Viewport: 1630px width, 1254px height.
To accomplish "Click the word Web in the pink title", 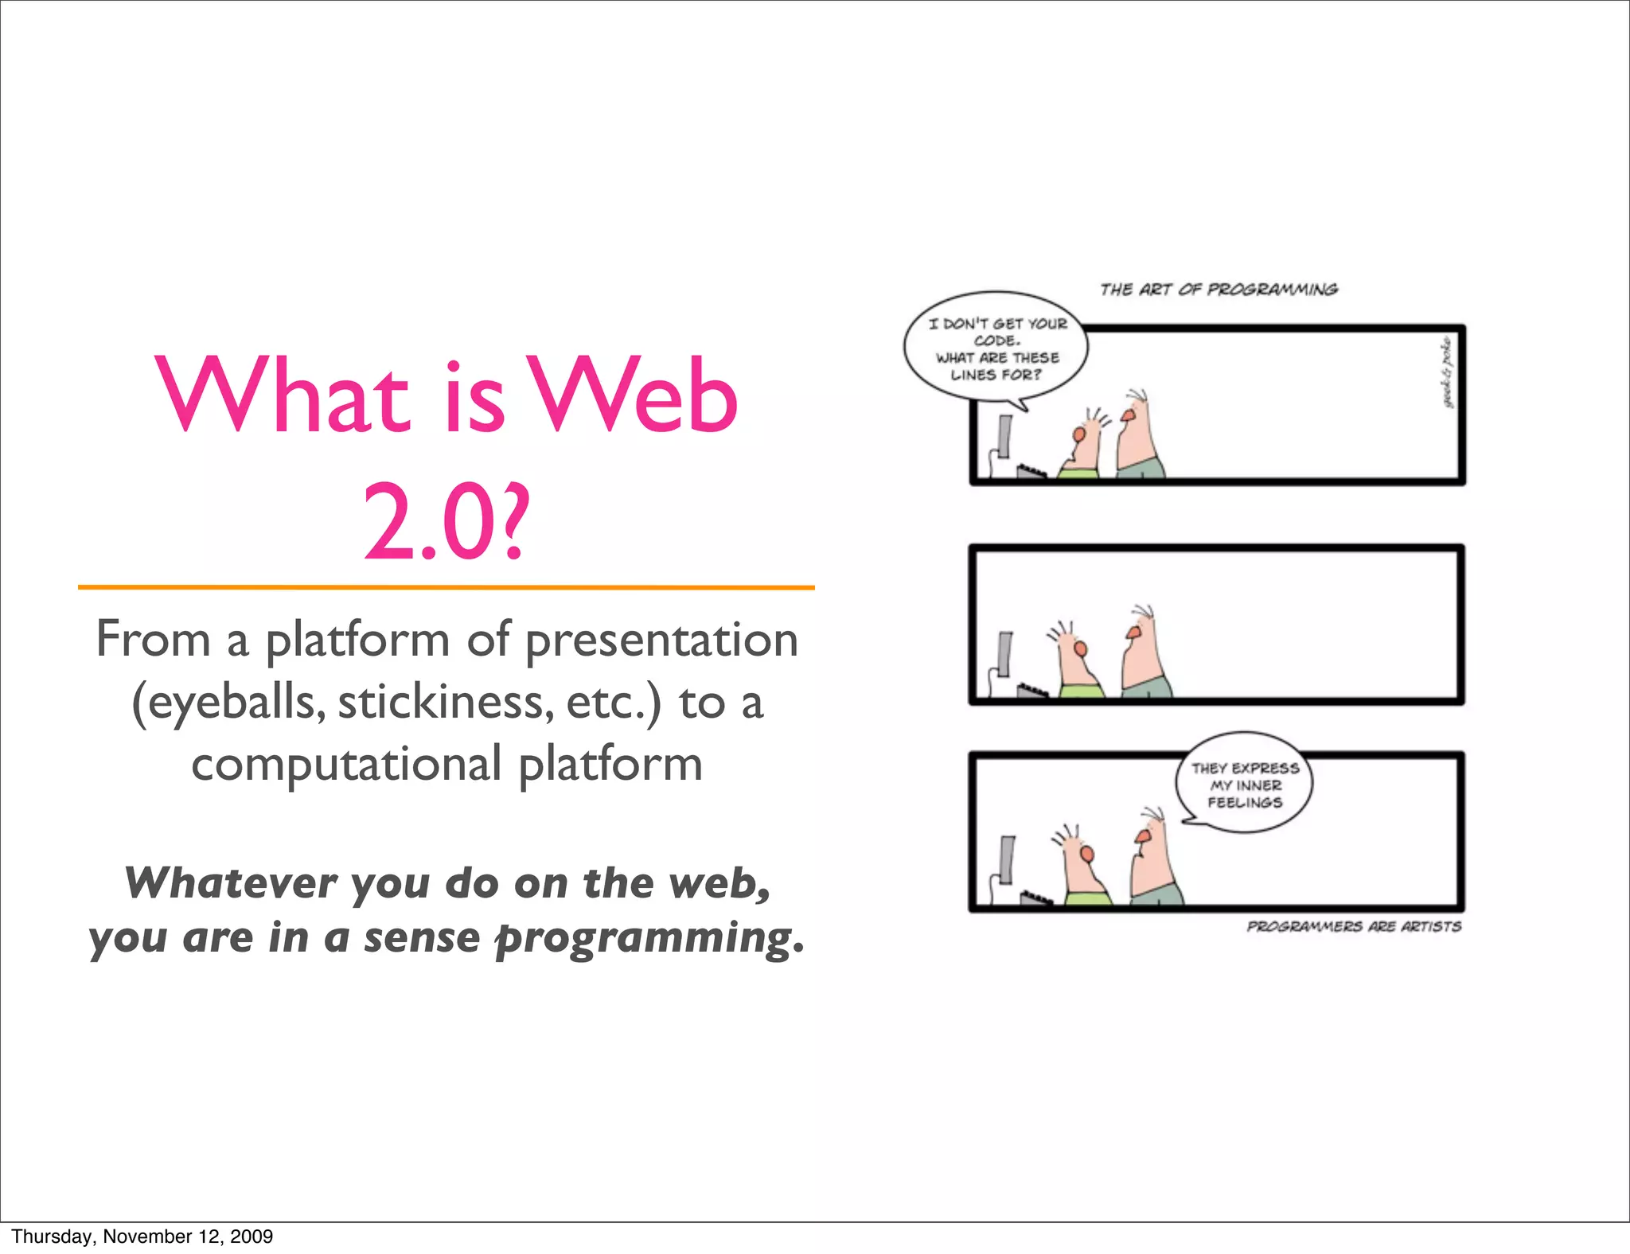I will [x=634, y=395].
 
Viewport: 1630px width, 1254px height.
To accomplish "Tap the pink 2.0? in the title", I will [x=446, y=523].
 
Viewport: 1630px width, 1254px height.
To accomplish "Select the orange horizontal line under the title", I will [x=446, y=587].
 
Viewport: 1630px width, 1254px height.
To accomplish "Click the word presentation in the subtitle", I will [x=661, y=641].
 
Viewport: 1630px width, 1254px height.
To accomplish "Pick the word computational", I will [x=346, y=765].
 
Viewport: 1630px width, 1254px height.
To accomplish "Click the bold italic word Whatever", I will [x=231, y=883].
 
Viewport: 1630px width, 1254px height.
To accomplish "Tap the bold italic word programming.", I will [x=649, y=938].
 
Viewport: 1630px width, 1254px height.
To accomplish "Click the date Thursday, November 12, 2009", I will [x=142, y=1236].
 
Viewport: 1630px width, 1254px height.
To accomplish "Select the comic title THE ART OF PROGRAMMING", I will [x=1219, y=290].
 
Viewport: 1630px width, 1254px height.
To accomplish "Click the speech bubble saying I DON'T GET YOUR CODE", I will [x=996, y=350].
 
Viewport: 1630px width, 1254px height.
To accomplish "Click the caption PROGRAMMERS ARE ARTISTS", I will [x=1353, y=926].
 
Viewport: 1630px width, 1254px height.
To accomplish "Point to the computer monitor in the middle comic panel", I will [x=1005, y=654].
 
